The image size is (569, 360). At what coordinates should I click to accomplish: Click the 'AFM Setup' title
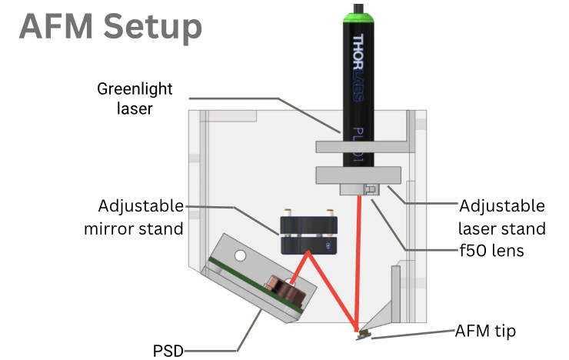(x=110, y=28)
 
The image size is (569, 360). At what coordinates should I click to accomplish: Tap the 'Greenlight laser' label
(x=135, y=98)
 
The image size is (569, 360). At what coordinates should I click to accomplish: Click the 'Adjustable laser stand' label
(x=501, y=217)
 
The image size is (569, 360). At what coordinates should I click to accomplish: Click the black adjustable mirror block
(x=308, y=234)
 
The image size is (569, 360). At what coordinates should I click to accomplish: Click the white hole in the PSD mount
(x=241, y=254)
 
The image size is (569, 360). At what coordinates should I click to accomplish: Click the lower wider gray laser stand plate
(x=358, y=175)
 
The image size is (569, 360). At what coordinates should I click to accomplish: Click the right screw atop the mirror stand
(x=329, y=212)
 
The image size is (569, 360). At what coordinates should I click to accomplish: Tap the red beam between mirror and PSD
(x=300, y=265)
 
